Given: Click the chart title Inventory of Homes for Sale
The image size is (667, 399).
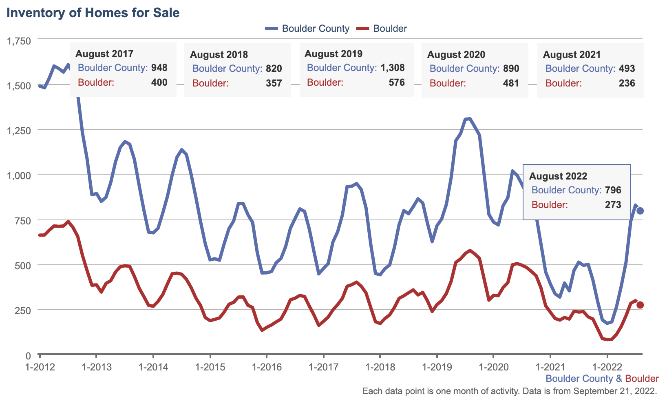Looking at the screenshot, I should [x=93, y=13].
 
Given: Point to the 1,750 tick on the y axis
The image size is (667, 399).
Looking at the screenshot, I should [x=19, y=41].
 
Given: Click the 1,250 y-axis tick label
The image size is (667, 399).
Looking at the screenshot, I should [x=19, y=131].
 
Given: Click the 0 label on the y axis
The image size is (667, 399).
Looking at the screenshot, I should [x=28, y=356].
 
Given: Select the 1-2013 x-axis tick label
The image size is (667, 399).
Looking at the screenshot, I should [x=97, y=367].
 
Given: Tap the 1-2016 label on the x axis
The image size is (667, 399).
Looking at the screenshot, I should [x=267, y=367].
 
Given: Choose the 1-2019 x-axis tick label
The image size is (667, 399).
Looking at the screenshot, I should [x=437, y=367].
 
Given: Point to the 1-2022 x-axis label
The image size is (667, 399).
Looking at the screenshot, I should [x=607, y=367].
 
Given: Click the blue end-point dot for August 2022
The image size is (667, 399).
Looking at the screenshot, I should [x=640, y=211].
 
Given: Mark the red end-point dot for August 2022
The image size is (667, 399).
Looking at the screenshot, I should [x=640, y=305].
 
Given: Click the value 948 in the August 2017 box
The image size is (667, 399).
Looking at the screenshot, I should [x=159, y=68].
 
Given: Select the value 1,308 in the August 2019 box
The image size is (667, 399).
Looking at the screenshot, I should [x=392, y=68].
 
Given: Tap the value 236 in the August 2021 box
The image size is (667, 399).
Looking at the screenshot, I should [x=627, y=83].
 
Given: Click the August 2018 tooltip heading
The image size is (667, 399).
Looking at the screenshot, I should [x=219, y=55].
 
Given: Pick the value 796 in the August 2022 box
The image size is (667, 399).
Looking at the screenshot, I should [x=613, y=190].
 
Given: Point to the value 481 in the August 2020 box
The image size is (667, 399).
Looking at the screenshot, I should [x=511, y=83].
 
